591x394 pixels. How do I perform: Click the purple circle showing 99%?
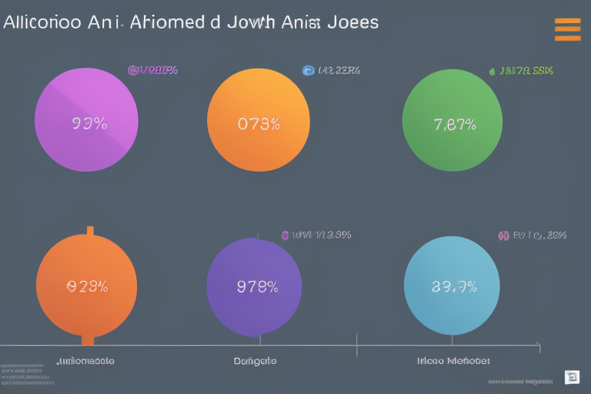[86, 120]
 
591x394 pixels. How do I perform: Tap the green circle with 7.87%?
[452, 121]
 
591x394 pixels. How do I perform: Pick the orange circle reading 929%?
[86, 285]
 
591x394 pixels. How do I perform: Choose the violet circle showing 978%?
[255, 287]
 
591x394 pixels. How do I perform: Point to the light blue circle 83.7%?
[453, 286]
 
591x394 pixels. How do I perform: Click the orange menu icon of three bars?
[567, 28]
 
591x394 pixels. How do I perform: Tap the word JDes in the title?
[353, 22]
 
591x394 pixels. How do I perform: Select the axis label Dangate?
[255, 360]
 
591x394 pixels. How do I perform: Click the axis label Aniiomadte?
[86, 360]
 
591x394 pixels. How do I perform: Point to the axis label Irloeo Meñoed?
[453, 360]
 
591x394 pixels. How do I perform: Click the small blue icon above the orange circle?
[309, 71]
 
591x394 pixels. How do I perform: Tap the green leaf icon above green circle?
[492, 72]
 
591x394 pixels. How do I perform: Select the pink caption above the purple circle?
[153, 71]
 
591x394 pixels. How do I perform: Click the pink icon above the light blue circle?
[503, 235]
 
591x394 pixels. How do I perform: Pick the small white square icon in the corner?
[571, 377]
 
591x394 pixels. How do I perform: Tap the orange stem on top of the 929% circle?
[90, 231]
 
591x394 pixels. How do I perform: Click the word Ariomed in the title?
[172, 22]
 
